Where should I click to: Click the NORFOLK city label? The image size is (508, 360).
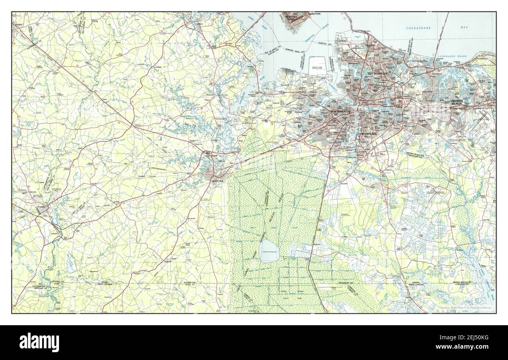click(x=380, y=73)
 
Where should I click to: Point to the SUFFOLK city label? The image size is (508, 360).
click(x=218, y=181)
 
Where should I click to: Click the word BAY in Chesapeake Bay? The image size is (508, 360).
click(x=464, y=28)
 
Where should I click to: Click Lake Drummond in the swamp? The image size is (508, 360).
click(x=269, y=251)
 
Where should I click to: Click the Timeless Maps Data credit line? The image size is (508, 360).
click(x=465, y=308)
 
